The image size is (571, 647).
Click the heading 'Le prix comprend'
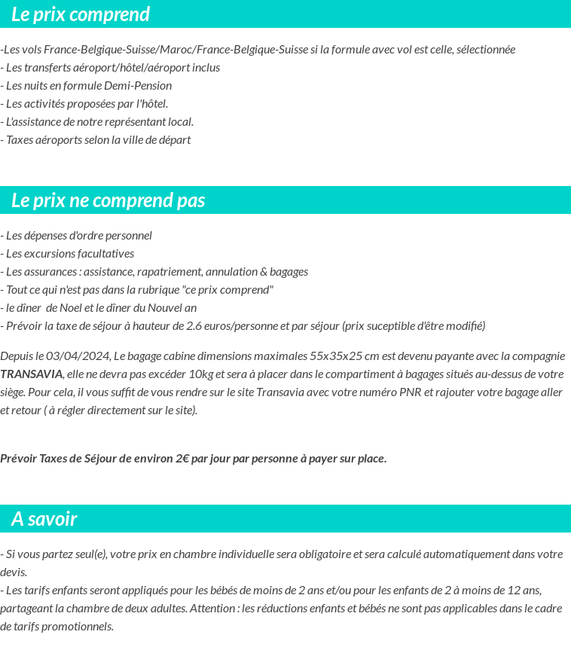pyautogui.click(x=81, y=14)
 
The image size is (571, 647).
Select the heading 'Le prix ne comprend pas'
pyautogui.click(x=108, y=200)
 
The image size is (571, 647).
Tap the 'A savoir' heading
pyautogui.click(x=44, y=519)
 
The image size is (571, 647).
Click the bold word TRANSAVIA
pyautogui.click(x=32, y=374)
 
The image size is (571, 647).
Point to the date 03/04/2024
pyautogui.click(x=78, y=356)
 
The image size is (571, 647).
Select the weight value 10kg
pyautogui.click(x=201, y=374)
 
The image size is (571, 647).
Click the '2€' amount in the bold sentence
pyautogui.click(x=182, y=459)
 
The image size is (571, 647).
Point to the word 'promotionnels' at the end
pyautogui.click(x=79, y=627)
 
